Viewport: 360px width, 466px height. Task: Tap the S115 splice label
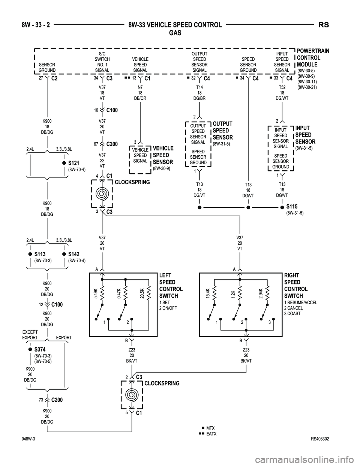click(x=292, y=207)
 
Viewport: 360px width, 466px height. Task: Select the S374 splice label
click(x=40, y=350)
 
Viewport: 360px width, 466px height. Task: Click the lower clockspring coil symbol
click(x=132, y=395)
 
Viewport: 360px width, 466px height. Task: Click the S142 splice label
click(x=74, y=254)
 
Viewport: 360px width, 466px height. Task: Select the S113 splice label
click(x=40, y=254)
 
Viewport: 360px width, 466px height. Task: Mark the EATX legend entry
click(x=211, y=434)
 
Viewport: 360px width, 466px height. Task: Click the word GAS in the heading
click(x=175, y=33)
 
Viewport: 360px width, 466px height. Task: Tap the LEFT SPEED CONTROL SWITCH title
click(x=171, y=286)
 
